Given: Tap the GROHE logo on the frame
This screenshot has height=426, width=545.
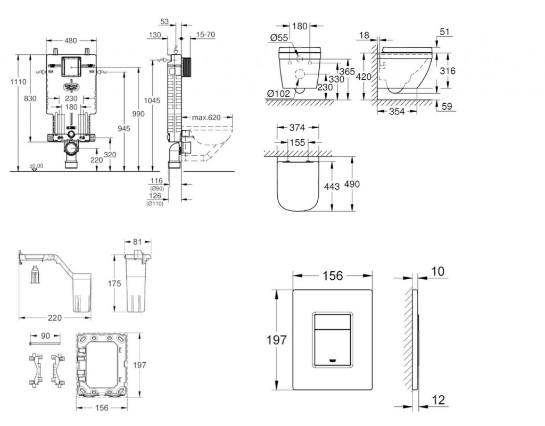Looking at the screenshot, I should coord(71,86).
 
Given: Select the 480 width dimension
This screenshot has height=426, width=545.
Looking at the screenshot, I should coord(71,40).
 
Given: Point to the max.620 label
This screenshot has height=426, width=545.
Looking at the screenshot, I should coord(207,117).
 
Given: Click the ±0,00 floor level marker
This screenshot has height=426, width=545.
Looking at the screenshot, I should coord(36,166).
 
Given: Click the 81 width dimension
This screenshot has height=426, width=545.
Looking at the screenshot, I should coord(137,243).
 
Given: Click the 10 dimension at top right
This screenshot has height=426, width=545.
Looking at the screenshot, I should coord(437,272).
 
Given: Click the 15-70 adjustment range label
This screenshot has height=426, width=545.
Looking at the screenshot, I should coord(205,35).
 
